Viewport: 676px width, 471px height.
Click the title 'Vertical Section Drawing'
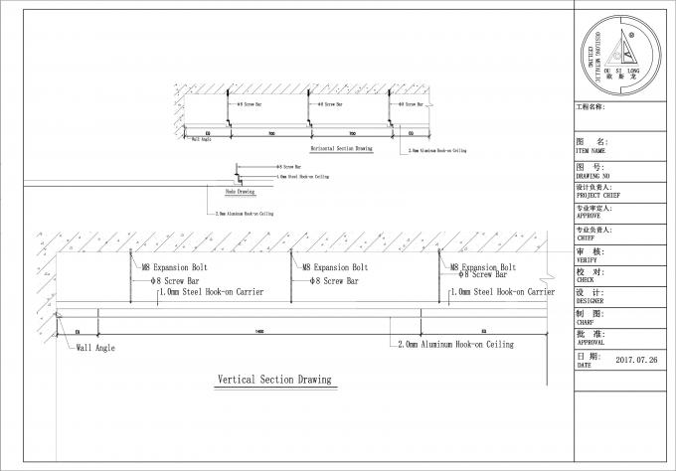(274, 381)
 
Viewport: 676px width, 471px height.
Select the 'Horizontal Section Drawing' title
(341, 148)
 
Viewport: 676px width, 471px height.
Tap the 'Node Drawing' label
(241, 192)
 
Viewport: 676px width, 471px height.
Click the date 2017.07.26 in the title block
(637, 360)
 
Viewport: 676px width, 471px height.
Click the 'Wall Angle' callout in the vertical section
(96, 348)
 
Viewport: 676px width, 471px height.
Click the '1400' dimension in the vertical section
(259, 330)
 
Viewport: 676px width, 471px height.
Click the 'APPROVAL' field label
(593, 343)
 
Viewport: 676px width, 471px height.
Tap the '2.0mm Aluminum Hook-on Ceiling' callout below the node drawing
(244, 214)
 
